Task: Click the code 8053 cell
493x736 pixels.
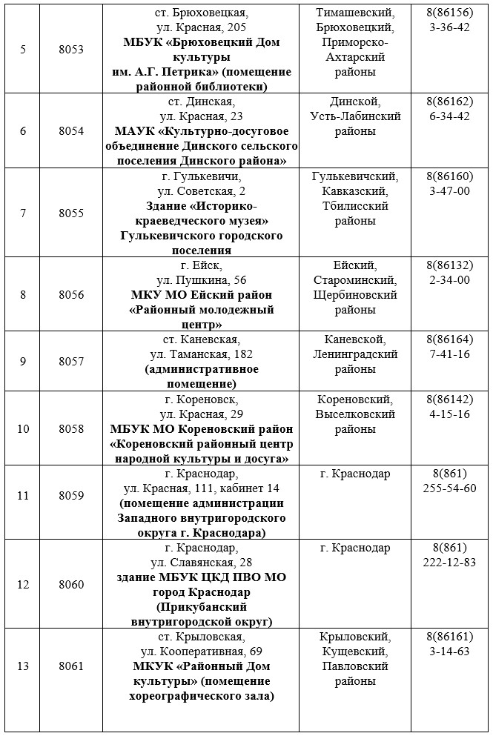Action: [71, 50]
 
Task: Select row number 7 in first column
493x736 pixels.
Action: [23, 213]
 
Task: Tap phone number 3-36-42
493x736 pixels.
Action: [449, 27]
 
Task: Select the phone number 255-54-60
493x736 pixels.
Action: [449, 488]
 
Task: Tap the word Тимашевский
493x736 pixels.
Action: [355, 13]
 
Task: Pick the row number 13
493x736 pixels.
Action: [23, 666]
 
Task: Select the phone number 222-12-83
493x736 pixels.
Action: [449, 563]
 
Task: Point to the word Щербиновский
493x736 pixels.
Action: [355, 295]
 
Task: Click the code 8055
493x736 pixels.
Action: [71, 213]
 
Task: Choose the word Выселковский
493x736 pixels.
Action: [355, 414]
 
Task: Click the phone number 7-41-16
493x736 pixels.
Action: [449, 354]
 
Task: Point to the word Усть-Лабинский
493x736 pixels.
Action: [355, 116]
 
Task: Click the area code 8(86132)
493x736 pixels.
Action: [449, 265]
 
